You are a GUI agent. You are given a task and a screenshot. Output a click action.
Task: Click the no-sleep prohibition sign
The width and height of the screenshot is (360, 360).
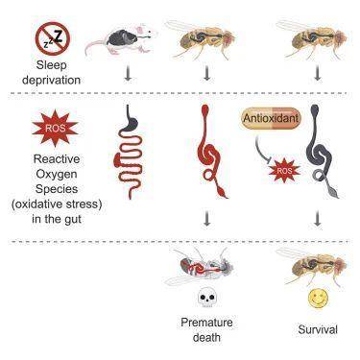(x=53, y=38)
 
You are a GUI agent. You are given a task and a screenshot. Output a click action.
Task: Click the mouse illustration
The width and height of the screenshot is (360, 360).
(x=121, y=40)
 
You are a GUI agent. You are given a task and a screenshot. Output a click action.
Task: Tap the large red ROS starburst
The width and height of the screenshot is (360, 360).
(x=55, y=128)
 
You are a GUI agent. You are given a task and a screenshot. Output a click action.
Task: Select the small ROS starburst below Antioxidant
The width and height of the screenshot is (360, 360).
(x=284, y=171)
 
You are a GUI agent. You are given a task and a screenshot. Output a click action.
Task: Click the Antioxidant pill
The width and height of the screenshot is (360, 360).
(x=271, y=118)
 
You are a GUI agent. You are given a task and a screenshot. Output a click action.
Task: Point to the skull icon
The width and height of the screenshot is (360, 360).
(x=206, y=299)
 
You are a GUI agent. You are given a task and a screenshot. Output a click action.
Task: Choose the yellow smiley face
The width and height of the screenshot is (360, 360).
(x=318, y=298)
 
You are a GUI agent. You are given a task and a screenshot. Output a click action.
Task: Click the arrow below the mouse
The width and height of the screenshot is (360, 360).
(x=128, y=73)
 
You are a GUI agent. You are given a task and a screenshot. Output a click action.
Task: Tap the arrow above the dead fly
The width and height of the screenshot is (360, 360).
(x=207, y=219)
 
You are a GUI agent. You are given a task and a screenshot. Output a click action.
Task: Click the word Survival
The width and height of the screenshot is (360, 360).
(x=318, y=329)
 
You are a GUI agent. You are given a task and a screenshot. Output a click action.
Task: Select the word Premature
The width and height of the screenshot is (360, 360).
(x=206, y=323)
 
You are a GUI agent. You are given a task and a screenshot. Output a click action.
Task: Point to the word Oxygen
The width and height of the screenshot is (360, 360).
(x=57, y=175)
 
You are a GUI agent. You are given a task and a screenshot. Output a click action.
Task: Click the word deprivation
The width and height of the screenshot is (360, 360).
(x=51, y=80)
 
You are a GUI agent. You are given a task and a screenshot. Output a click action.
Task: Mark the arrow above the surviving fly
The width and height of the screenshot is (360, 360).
(x=318, y=219)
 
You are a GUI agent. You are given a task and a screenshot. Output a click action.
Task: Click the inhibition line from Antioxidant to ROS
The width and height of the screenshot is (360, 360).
(x=262, y=151)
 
